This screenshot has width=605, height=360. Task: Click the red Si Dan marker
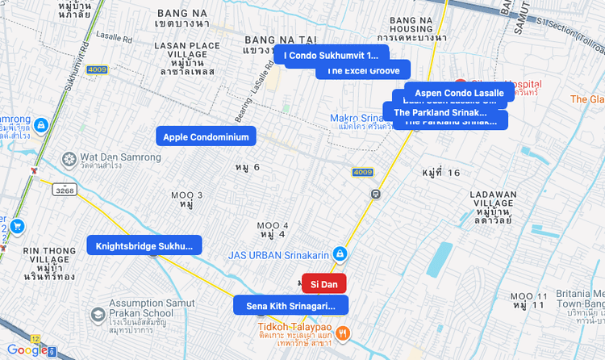[323, 283]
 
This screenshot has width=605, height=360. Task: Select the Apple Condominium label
[206, 136]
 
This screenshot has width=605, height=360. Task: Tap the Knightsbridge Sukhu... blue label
[144, 245]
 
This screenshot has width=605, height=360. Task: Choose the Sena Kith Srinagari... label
[290, 306]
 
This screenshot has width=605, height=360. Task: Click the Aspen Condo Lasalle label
[459, 93]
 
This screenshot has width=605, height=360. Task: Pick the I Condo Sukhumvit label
[331, 56]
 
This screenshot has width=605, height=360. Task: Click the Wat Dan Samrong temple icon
[70, 157]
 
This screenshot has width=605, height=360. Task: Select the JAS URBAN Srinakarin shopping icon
[340, 255]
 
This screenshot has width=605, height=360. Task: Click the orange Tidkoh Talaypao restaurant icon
[344, 332]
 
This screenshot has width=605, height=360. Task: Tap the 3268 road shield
[65, 190]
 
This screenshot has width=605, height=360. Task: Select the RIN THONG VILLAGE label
[49, 262]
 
